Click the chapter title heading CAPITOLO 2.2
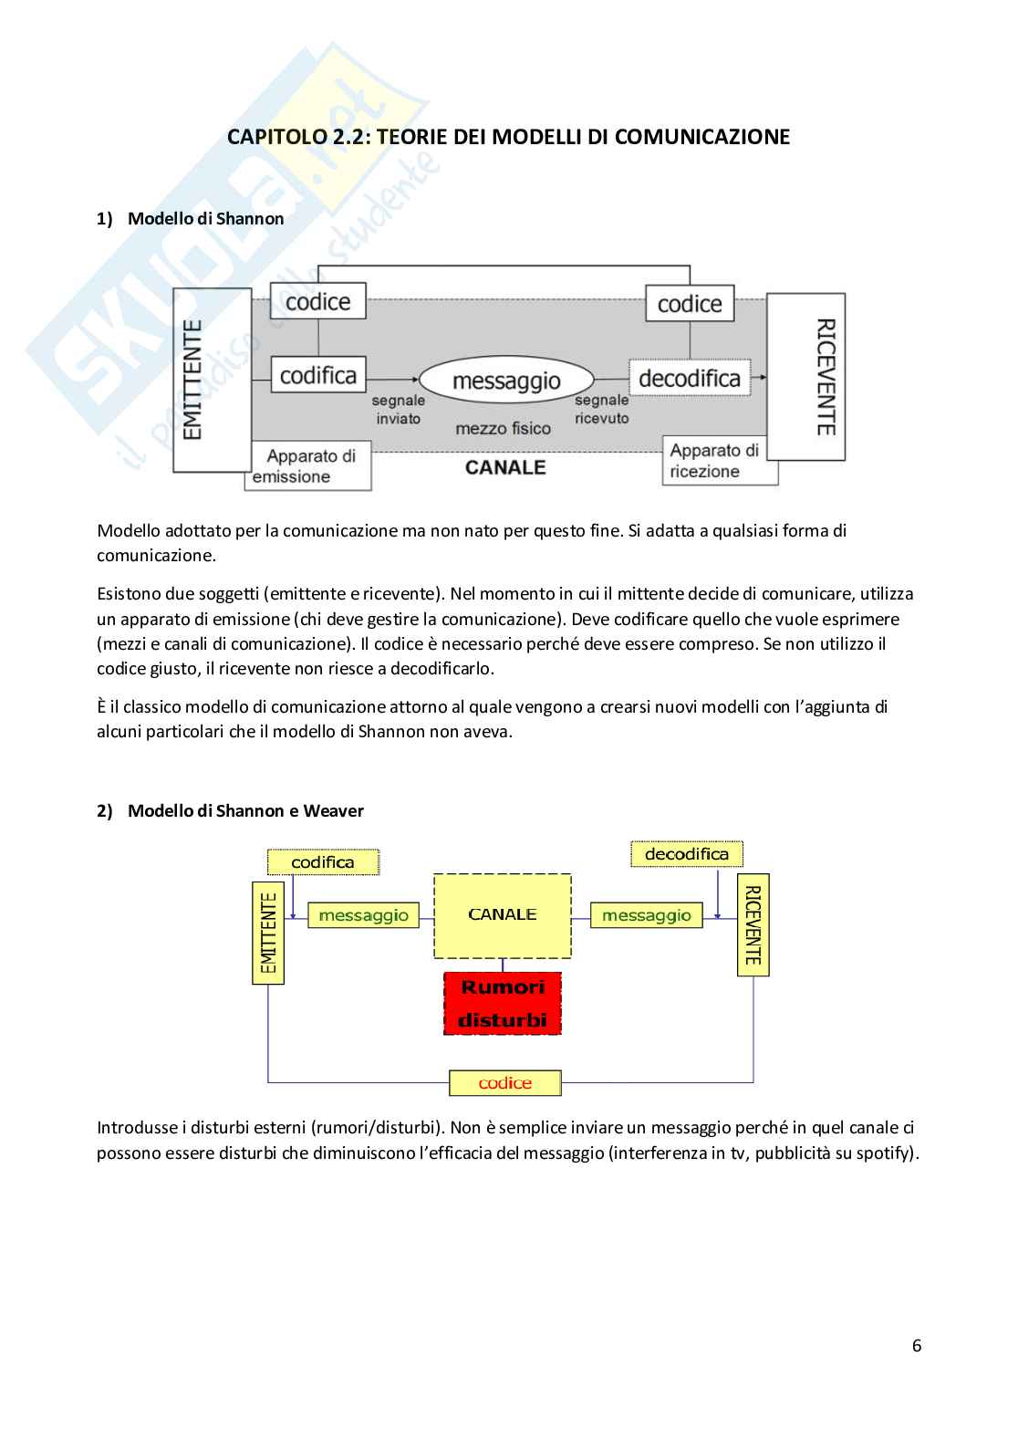[x=508, y=137]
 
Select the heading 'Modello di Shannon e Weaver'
[x=245, y=810]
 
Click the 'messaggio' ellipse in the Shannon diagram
[x=506, y=380]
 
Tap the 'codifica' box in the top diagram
[x=317, y=374]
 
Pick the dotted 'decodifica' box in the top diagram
[x=689, y=378]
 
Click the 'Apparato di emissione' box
[x=308, y=466]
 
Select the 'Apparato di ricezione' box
[x=720, y=461]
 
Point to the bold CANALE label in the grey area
[x=505, y=467]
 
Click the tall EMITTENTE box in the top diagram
[x=212, y=380]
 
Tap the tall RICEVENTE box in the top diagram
[x=806, y=376]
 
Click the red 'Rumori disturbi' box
[x=502, y=1003]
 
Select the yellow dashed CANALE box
[x=502, y=915]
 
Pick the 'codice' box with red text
[x=504, y=1083]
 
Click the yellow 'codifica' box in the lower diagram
[x=322, y=861]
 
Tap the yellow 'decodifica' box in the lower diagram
[x=686, y=854]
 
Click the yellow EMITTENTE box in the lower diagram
[x=267, y=933]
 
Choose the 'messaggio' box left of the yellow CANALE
[x=362, y=914]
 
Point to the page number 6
[x=916, y=1346]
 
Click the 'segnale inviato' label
[x=398, y=410]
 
